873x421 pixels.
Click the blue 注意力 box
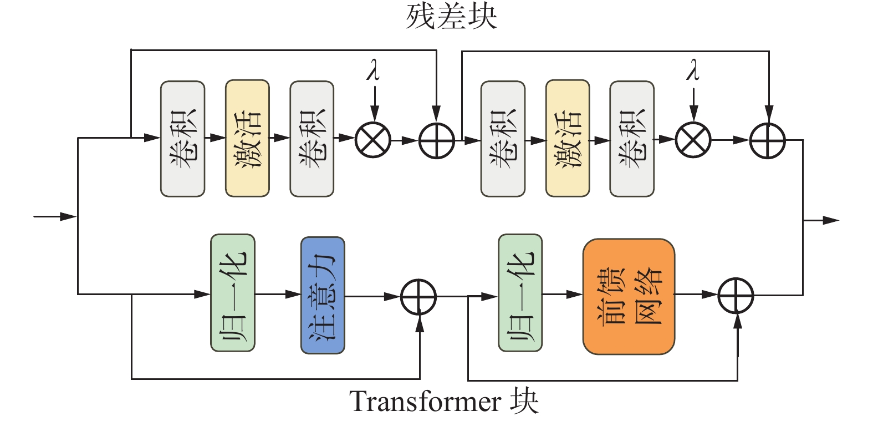(x=323, y=295)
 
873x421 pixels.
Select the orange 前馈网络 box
(x=629, y=297)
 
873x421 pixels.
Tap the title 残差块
(x=452, y=17)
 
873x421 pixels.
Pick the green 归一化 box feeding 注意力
(x=233, y=293)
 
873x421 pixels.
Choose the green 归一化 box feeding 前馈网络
(x=520, y=293)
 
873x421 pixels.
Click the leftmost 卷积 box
(x=183, y=139)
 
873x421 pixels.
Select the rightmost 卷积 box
(x=632, y=139)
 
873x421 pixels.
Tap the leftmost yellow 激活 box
(x=247, y=139)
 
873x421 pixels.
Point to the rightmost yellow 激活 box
(x=568, y=139)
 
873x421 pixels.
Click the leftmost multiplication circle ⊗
(x=373, y=140)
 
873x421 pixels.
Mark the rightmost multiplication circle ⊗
(x=693, y=140)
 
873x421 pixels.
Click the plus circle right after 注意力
(x=418, y=297)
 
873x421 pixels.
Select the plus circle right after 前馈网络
(x=736, y=295)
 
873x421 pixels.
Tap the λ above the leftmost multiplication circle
(x=373, y=69)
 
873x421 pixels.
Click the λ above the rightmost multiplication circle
(x=692, y=69)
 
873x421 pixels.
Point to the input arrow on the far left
(x=55, y=216)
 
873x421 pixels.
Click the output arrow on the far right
(x=821, y=220)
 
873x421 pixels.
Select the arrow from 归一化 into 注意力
(x=278, y=294)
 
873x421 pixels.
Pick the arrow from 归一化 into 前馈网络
(x=563, y=294)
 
